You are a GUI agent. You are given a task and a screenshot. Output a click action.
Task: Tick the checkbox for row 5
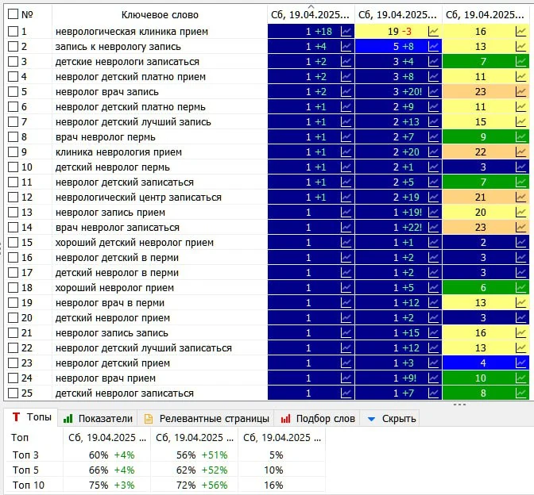pos(13,92)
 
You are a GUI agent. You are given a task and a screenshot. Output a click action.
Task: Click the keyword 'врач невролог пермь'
pos(105,137)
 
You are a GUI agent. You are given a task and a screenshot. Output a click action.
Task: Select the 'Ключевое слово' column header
pos(160,15)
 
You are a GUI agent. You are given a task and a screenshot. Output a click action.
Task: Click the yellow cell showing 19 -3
pos(398,32)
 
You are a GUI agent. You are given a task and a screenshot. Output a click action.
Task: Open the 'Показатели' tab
pos(98,419)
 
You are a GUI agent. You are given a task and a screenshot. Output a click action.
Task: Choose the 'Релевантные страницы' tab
pos(207,419)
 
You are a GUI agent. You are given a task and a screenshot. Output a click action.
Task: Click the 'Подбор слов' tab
pos(317,419)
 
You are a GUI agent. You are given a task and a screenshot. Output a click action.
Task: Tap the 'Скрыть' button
pos(392,419)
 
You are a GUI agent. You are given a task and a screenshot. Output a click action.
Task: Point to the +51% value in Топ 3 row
pos(215,455)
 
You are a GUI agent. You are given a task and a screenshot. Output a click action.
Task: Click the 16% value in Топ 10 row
pos(273,485)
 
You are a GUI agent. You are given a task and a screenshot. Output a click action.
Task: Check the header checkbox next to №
pos(13,14)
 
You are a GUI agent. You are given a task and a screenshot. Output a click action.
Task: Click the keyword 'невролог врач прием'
pos(106,378)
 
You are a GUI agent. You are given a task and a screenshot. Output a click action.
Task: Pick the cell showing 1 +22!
pos(398,228)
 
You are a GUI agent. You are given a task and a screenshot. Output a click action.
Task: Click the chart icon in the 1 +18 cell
pos(346,32)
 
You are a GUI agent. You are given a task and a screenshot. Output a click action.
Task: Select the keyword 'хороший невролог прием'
pos(114,288)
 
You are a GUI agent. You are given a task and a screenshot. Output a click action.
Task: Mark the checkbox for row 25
pos(13,393)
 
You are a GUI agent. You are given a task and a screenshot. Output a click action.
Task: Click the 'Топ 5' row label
pos(25,470)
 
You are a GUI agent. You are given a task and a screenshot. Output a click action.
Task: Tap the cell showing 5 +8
pos(398,47)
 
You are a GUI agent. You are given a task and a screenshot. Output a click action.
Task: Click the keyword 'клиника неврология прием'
pos(118,152)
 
